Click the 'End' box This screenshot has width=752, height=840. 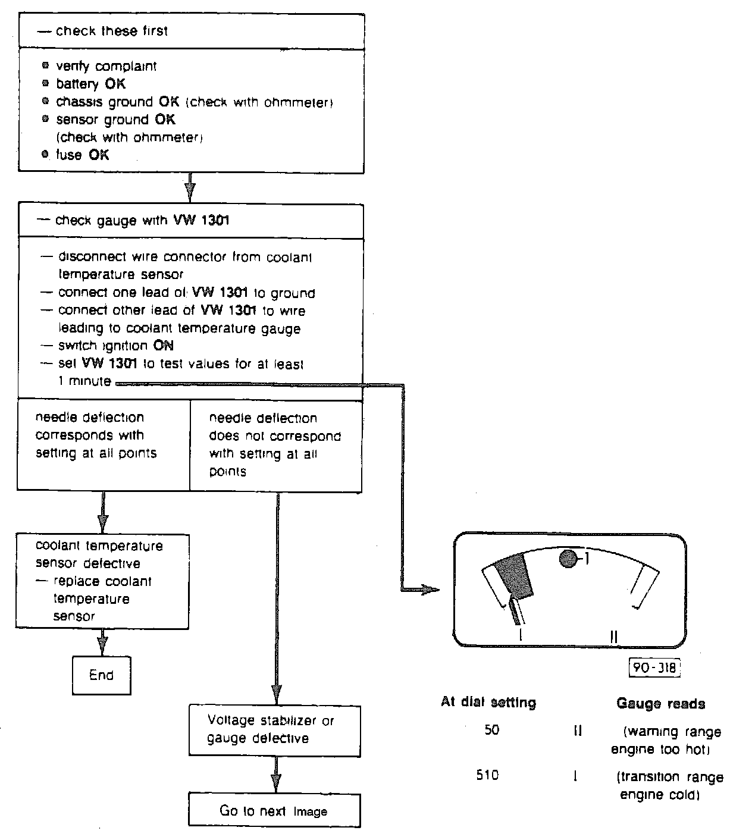[101, 675]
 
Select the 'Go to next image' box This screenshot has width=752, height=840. [274, 810]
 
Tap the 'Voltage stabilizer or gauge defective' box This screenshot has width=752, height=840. [274, 730]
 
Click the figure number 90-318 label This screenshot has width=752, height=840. [654, 667]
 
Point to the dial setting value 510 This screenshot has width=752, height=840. [487, 775]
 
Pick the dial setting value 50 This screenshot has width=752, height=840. [491, 730]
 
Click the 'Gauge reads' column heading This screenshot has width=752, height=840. [660, 704]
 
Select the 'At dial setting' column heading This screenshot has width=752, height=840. [488, 702]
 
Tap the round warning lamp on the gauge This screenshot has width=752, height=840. [569, 559]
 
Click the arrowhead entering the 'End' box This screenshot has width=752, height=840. [102, 646]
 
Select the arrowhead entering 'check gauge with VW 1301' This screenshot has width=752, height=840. [190, 192]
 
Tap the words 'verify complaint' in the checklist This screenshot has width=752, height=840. [106, 66]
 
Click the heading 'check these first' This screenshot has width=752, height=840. [111, 31]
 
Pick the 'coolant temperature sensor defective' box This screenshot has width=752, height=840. [102, 581]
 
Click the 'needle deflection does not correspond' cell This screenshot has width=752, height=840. [275, 444]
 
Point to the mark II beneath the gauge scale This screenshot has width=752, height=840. [614, 637]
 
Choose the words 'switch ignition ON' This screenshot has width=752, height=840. [115, 346]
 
